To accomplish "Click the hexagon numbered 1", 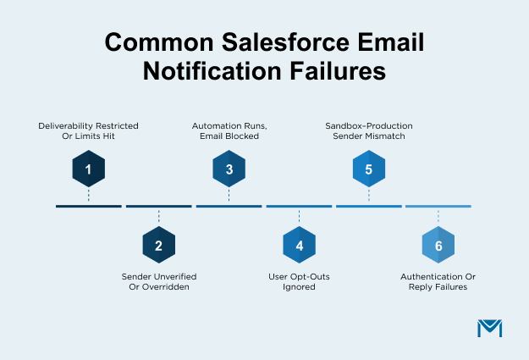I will point(88,169).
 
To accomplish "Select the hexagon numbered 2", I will point(158,245).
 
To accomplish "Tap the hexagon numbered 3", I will point(229,169).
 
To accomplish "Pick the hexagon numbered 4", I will point(299,245).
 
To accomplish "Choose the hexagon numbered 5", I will point(368,169).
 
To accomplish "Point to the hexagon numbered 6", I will point(438,245).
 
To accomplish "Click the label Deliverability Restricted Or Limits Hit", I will point(88,131).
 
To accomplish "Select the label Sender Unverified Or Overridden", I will point(158,281).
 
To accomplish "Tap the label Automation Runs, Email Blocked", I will point(229,131).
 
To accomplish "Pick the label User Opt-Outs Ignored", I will point(299,281).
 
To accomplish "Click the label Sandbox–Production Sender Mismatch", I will point(369,131).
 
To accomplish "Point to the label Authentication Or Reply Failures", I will point(438,281).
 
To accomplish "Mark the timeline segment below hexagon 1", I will point(88,207).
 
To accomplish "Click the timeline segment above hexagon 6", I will point(438,207).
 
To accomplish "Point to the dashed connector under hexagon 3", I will point(229,195).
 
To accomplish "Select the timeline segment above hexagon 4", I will point(299,207).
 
